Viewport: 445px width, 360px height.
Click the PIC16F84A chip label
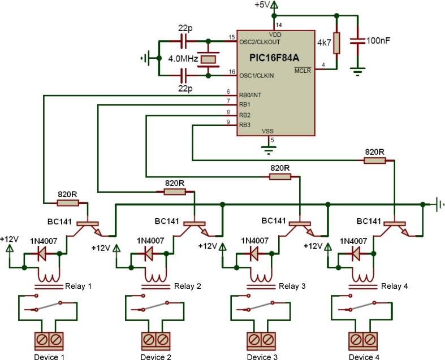275,58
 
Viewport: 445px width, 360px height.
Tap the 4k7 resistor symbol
337,43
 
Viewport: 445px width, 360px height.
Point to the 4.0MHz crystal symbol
209,58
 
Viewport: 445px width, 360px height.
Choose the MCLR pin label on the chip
303,70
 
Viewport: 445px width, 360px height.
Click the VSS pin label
268,131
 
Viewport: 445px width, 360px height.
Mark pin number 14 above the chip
278,25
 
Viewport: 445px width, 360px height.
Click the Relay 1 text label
78,286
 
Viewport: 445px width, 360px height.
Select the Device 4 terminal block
362,340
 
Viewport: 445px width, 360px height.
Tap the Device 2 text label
155,357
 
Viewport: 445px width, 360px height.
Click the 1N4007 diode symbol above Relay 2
148,254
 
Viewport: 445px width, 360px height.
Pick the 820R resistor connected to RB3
375,161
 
